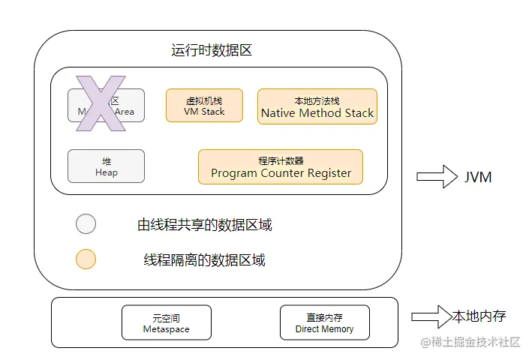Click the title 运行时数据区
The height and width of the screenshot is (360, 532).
[x=211, y=51]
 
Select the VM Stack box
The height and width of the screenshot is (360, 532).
[x=204, y=106]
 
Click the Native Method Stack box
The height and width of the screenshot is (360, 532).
[x=317, y=106]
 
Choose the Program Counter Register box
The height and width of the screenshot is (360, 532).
[x=281, y=166]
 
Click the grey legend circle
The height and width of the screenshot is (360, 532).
[x=86, y=223]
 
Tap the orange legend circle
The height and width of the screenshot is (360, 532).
[x=86, y=259]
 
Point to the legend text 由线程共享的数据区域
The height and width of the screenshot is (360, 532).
[x=204, y=224]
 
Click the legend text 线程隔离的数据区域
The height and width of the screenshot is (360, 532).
[x=204, y=260]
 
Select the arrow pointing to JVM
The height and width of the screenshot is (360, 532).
[x=437, y=178]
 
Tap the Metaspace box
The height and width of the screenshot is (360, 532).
[x=166, y=323]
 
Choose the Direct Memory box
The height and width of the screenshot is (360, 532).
[x=324, y=323]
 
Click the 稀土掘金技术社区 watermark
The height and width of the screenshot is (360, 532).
[x=470, y=342]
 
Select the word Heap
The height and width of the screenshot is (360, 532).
[x=107, y=172]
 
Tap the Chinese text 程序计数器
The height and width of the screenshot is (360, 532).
[x=281, y=160]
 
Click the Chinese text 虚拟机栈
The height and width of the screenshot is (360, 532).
[x=204, y=100]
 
